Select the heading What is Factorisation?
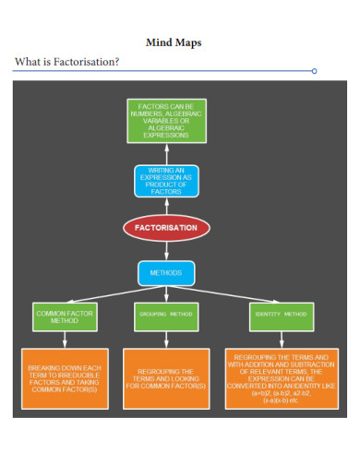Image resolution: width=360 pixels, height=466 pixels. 66,62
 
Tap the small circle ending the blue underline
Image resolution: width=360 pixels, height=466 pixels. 315,70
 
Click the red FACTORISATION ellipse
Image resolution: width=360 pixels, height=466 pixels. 167,227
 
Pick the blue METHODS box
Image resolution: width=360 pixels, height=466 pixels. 167,273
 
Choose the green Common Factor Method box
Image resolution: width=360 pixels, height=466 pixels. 64,317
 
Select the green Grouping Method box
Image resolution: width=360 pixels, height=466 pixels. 167,315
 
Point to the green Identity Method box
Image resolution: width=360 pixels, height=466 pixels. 280,315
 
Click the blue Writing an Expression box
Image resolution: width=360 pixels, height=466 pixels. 167,181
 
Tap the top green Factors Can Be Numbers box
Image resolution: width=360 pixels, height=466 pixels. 166,122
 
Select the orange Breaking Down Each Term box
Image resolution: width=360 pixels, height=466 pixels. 65,378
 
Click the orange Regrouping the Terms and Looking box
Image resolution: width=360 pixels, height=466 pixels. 165,378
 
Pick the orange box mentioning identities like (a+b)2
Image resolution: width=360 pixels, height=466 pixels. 281,378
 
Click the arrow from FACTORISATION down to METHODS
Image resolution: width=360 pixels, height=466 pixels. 167,251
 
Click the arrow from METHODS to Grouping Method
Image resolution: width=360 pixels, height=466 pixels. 167,293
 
